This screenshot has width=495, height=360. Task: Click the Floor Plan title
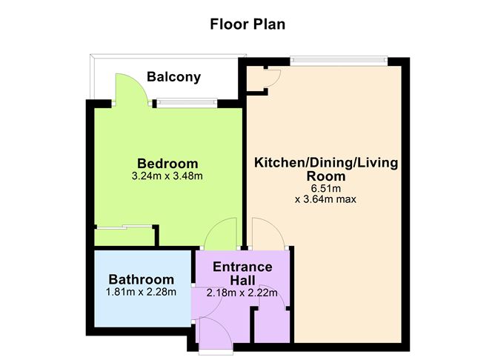tap(247, 24)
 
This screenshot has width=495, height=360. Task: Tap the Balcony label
tap(173, 77)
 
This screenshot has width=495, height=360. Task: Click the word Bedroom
tap(167, 164)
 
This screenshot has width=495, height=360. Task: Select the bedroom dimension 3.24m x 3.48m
tap(167, 176)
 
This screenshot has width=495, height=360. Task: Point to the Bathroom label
tap(141, 279)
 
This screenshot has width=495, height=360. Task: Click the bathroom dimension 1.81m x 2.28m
tap(141, 292)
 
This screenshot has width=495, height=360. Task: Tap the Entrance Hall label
tap(242, 273)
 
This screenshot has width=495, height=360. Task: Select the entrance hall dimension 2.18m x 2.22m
tap(242, 293)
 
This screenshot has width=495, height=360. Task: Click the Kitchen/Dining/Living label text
tap(326, 163)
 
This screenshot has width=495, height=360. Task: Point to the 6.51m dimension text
tap(326, 188)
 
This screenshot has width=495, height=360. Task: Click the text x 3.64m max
tap(325, 199)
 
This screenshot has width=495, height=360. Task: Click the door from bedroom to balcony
tap(130, 90)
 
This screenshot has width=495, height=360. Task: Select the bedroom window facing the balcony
tap(187, 102)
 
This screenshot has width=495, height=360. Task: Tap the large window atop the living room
tap(339, 61)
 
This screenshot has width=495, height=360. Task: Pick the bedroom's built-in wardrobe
tap(125, 236)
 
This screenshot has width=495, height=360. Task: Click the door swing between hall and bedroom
tap(221, 233)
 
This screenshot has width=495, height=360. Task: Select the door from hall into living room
tap(268, 233)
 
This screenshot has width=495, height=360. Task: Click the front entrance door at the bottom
tap(216, 334)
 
